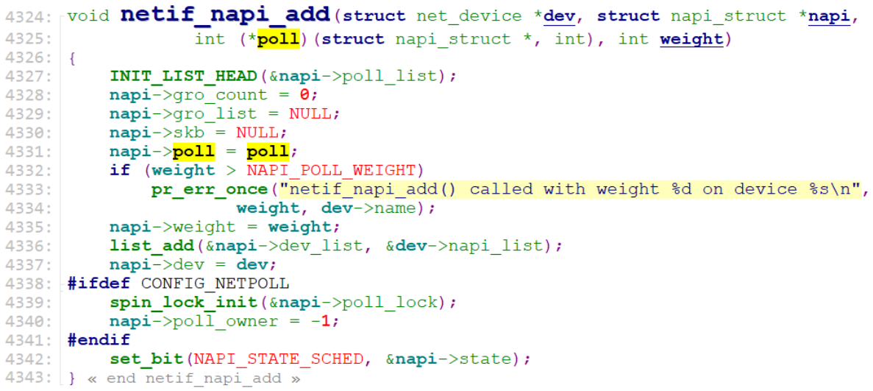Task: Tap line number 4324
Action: (26, 16)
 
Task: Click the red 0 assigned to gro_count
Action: (304, 95)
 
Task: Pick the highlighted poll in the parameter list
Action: (278, 38)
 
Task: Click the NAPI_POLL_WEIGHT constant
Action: (331, 170)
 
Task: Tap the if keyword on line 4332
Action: (119, 170)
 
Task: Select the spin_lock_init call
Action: (183, 303)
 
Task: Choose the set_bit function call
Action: (146, 359)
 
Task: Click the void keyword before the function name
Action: (87, 16)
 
